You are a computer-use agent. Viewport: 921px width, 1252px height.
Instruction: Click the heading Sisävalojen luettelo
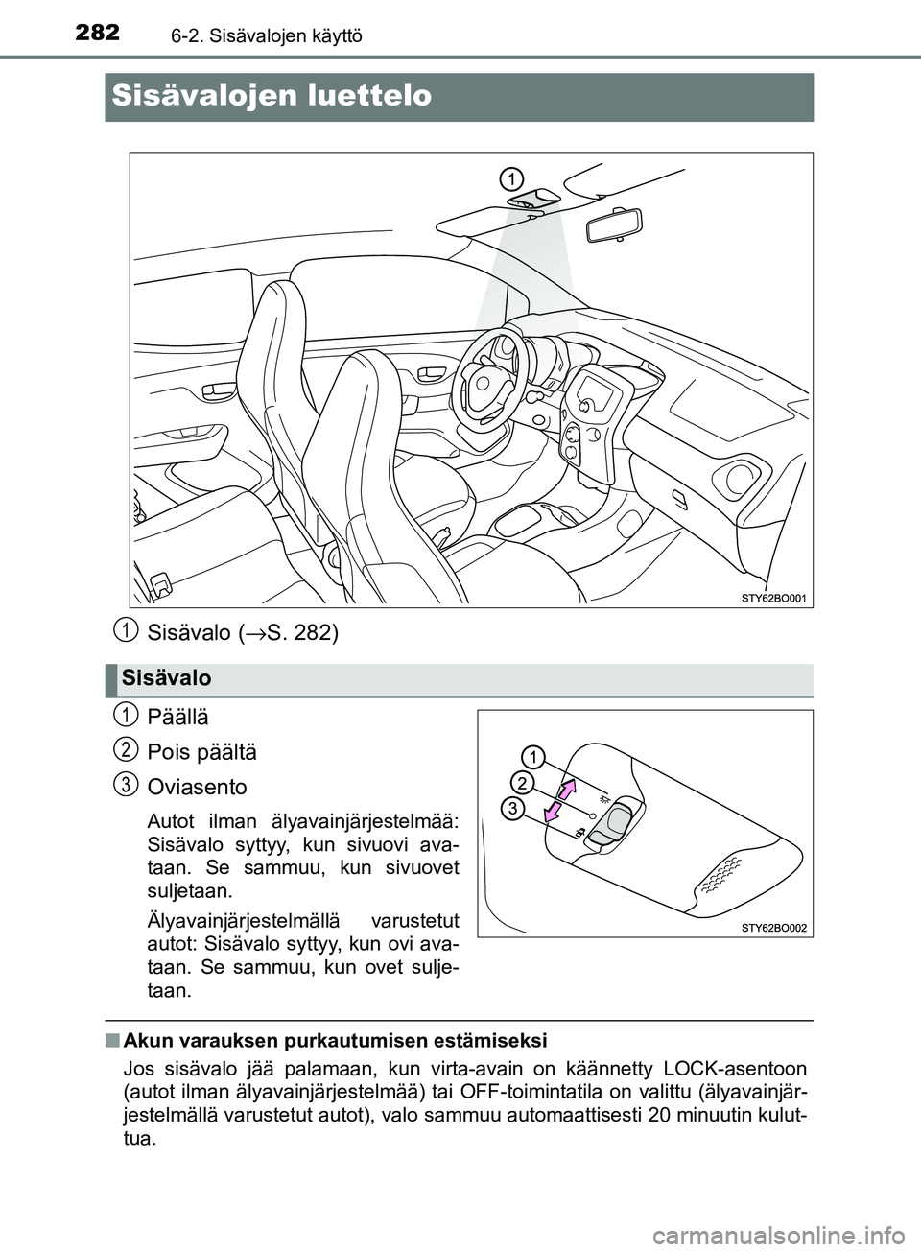pos(272,96)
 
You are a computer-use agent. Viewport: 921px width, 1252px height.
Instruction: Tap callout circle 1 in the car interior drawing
pos(511,178)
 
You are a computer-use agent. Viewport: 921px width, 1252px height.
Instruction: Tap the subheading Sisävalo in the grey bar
pos(166,678)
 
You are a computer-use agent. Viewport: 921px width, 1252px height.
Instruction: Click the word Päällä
pos(177,717)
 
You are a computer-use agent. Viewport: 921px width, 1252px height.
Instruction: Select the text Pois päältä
pos(201,751)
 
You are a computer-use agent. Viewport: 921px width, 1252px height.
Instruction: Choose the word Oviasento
pos(197,787)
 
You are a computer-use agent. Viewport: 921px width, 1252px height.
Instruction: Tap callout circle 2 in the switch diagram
pos(521,782)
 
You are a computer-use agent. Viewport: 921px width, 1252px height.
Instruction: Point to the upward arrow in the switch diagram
pos(568,791)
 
